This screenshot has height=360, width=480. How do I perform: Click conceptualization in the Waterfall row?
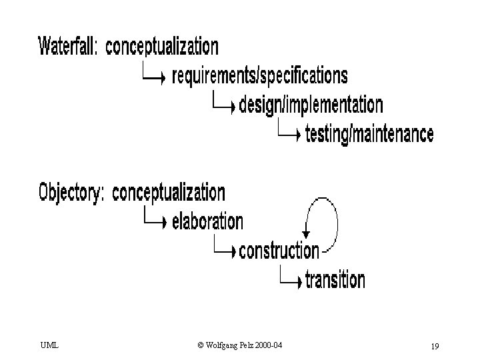[162, 47]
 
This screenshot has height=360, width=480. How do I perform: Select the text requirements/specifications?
[260, 76]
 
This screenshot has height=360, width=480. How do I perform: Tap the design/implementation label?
[311, 105]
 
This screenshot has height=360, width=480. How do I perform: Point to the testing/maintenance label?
[369, 133]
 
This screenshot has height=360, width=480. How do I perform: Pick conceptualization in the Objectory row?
[169, 193]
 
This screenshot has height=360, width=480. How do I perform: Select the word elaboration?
[207, 221]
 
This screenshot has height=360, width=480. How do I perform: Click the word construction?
[279, 251]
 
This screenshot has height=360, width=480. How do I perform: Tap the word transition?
[335, 279]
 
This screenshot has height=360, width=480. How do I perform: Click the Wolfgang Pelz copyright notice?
[240, 345]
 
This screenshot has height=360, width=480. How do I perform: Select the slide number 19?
[435, 346]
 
